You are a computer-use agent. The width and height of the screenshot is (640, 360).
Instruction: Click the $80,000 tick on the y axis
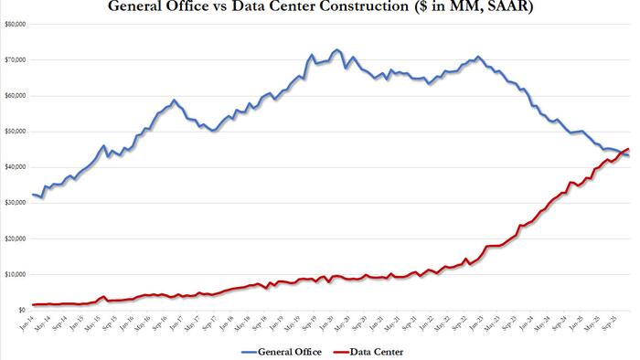coord(16,24)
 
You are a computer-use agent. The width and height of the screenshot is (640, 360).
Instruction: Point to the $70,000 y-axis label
coord(16,59)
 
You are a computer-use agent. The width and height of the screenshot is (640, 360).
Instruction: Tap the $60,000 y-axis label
coord(16,95)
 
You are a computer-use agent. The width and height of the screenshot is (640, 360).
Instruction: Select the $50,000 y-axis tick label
coord(16,132)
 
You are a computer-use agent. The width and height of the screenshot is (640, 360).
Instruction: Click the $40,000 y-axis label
coord(16,167)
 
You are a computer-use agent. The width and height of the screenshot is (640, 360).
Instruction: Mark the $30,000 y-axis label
coord(16,203)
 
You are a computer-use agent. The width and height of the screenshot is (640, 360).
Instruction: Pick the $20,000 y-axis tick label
coord(16,238)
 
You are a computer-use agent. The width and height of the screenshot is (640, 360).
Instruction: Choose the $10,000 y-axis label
coord(16,274)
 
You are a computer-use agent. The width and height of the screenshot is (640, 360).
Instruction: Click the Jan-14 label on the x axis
coord(36,323)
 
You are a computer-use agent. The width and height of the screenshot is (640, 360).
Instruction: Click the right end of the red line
coord(628,148)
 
